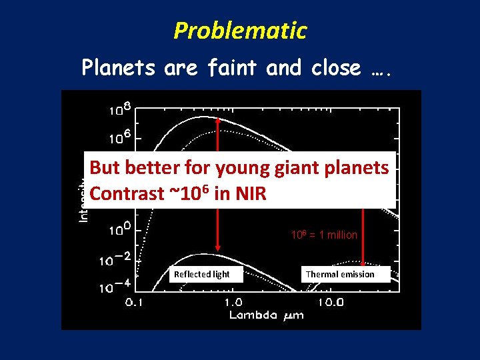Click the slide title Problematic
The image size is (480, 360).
coord(240,31)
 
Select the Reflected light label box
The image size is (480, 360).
coord(201,274)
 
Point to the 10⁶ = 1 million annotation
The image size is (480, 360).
coord(324,235)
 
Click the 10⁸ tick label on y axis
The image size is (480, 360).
coord(121,108)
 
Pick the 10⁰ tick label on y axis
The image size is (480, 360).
coord(121,231)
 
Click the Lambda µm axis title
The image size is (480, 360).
coord(267,315)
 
